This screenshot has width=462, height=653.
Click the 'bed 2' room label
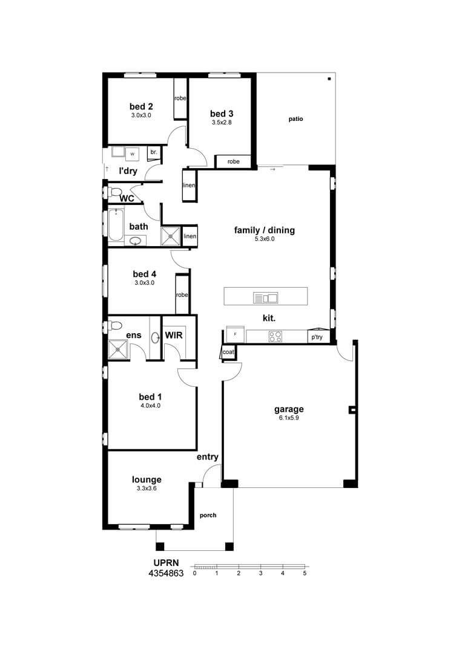tap(140, 106)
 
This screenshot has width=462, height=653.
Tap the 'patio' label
tap(295, 119)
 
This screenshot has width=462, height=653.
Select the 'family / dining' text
tap(264, 230)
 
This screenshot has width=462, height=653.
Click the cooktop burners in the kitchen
tap(275, 336)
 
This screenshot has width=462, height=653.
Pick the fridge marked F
tap(234, 335)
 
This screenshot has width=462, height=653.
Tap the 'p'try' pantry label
tap(317, 337)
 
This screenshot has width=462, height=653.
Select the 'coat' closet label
tap(228, 352)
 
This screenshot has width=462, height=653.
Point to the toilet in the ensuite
tap(116, 326)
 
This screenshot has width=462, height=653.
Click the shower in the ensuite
tap(118, 348)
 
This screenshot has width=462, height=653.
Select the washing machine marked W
tap(131, 154)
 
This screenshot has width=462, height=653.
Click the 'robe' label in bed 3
tap(233, 161)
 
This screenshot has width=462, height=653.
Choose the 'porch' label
tap(208, 515)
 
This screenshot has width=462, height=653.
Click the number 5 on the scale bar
tap(305, 573)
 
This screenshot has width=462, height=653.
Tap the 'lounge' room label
tap(147, 480)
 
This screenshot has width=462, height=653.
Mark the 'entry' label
tap(207, 457)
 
